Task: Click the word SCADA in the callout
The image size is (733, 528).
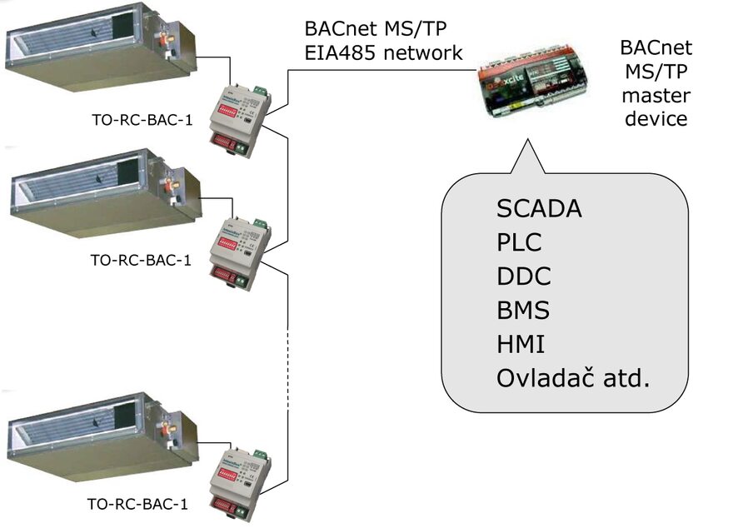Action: (538, 208)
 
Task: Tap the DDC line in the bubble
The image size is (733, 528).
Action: (523, 276)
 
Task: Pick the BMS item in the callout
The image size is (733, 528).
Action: (523, 311)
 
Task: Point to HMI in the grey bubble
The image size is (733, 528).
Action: (521, 345)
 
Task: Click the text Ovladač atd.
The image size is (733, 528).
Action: (572, 379)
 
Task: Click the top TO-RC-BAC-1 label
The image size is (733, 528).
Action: (141, 121)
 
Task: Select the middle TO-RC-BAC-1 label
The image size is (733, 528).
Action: (141, 260)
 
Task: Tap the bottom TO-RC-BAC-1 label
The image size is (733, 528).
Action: (137, 504)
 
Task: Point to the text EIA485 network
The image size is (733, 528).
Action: (383, 53)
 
